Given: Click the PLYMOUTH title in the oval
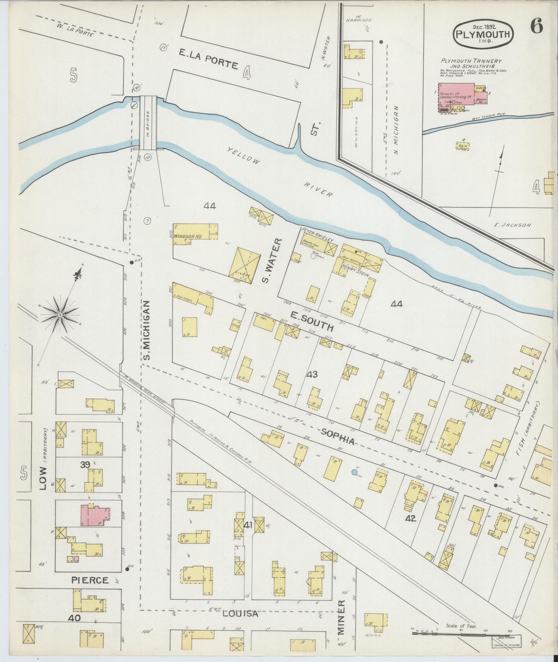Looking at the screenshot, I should point(483,34).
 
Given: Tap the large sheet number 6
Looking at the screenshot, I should point(536,26).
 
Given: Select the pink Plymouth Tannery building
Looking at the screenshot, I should point(456,93).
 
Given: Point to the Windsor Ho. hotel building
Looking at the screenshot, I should point(195,233).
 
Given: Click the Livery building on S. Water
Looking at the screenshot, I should point(244,265).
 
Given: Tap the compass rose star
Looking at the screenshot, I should point(60,315).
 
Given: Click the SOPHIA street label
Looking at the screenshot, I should point(338,436).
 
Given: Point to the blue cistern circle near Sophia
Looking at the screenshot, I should point(354,472).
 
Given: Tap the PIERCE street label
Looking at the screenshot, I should point(90,581).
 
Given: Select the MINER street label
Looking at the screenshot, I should point(341,623).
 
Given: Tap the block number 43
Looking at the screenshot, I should point(312,374).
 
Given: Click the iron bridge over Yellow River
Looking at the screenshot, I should point(148,122).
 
